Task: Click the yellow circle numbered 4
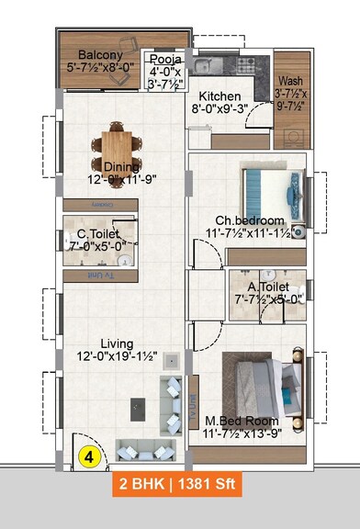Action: click(x=90, y=455)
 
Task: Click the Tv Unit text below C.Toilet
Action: click(x=96, y=276)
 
